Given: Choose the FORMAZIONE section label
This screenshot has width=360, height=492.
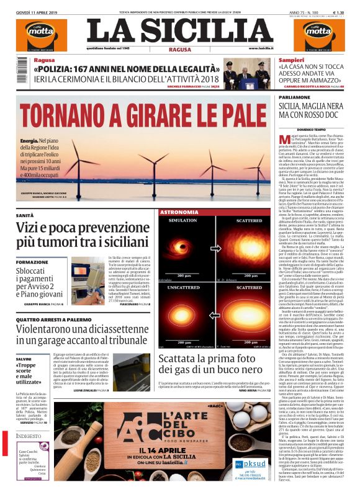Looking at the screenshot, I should pos(32,262).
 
